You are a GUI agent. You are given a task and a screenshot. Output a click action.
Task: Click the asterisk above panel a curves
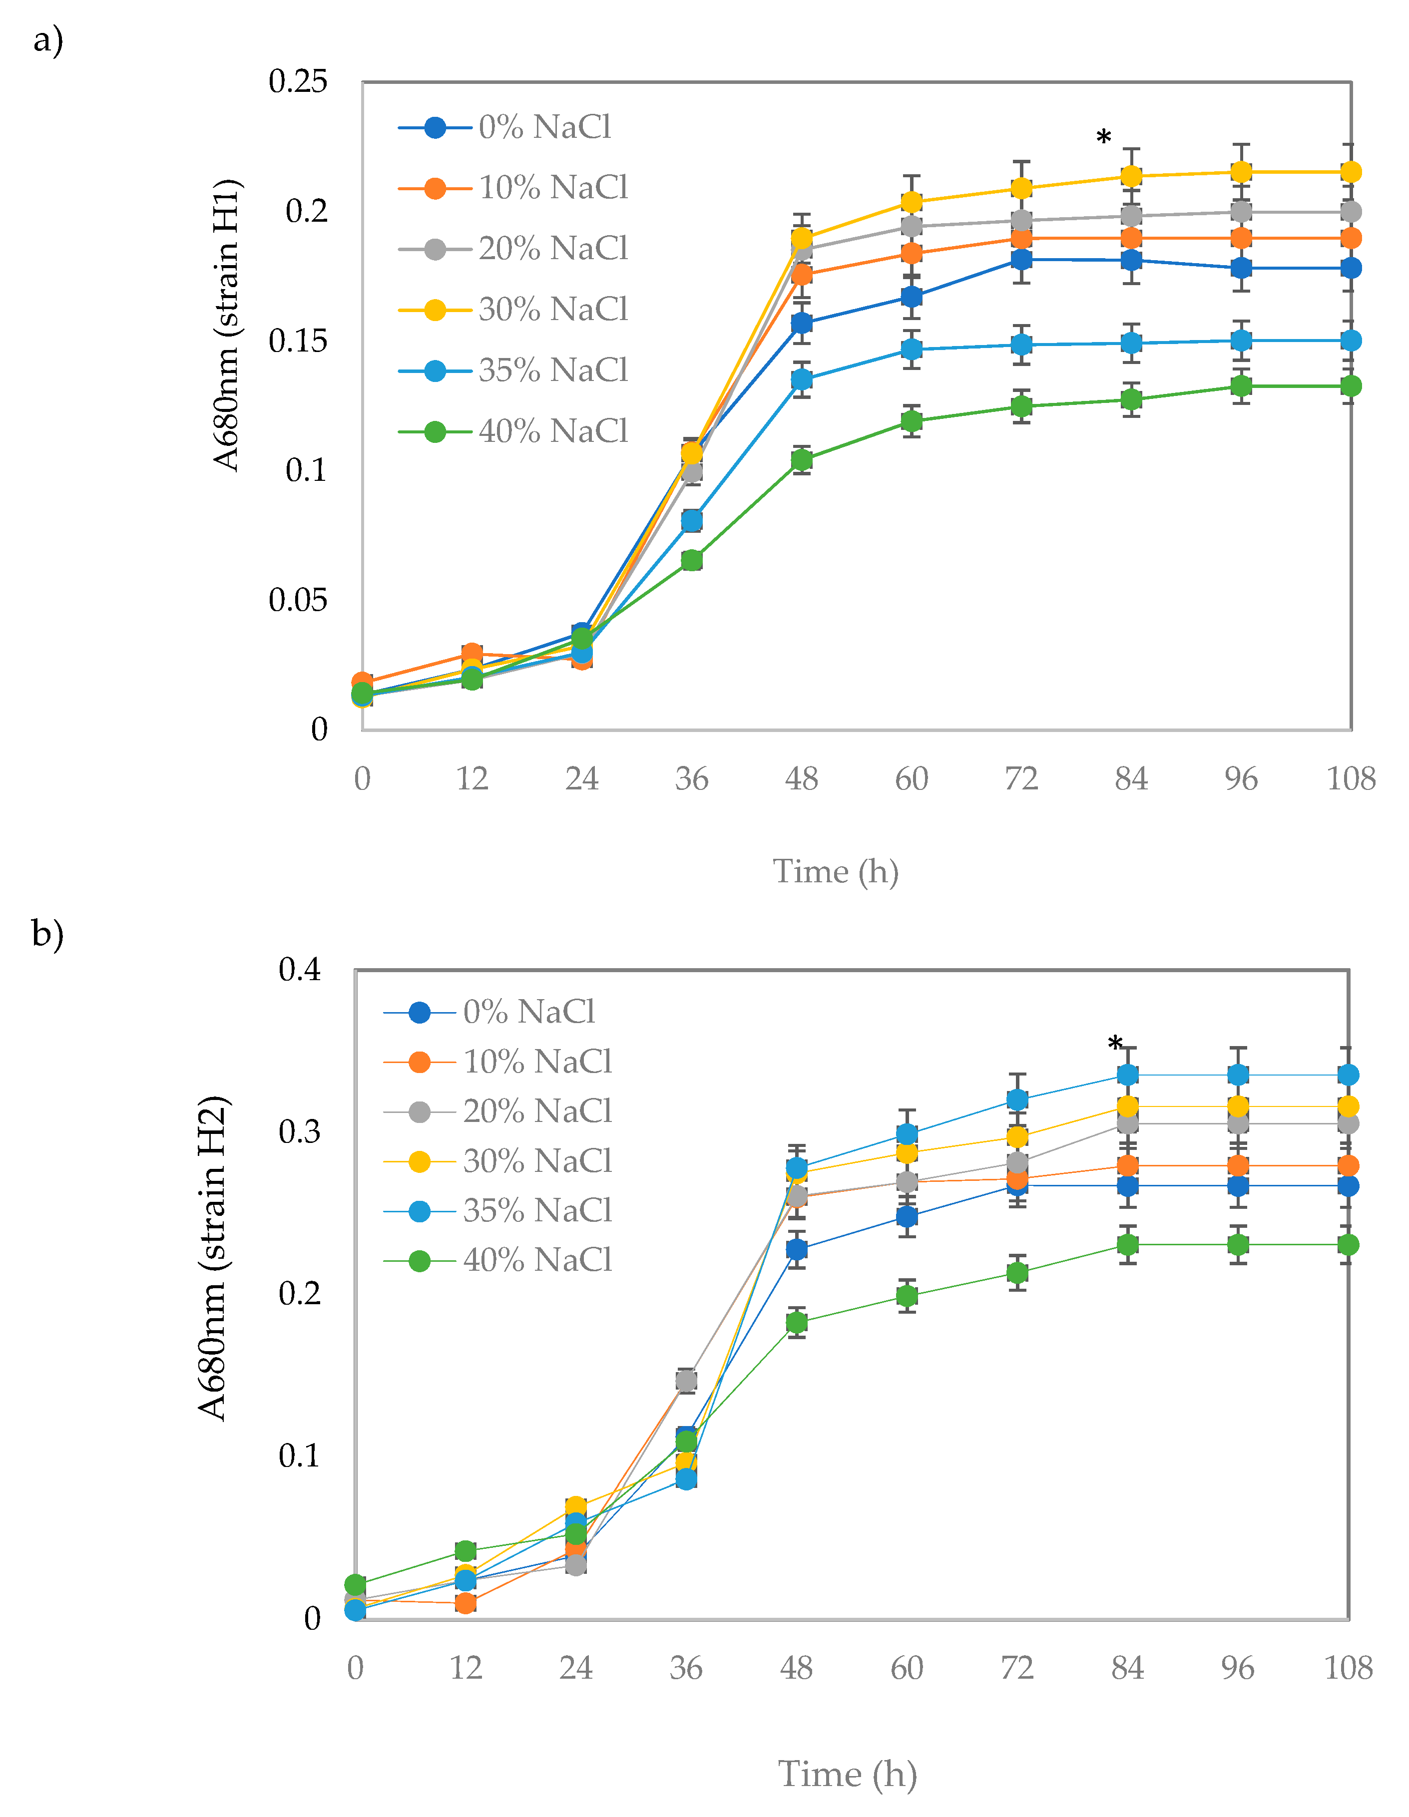tap(1103, 137)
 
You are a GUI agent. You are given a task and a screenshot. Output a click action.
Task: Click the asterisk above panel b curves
tap(1115, 1043)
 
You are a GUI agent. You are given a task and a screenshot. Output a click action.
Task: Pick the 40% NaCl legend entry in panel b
tap(499, 1260)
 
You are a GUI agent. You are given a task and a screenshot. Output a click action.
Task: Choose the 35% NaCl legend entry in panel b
tap(499, 1210)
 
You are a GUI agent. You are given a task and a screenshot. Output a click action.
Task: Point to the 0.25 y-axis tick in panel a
tap(297, 81)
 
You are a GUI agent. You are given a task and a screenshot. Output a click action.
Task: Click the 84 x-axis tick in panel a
tap(1130, 779)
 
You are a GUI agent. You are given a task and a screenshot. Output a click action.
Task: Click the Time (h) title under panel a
tap(836, 872)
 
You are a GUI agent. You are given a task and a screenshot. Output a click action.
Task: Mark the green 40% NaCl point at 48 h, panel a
tap(802, 460)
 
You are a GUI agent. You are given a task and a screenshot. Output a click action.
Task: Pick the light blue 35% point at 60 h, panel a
tap(912, 350)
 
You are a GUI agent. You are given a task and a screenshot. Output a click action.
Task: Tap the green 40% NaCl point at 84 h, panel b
tap(1127, 1245)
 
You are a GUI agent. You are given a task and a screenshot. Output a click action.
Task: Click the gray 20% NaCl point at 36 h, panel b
tap(686, 1381)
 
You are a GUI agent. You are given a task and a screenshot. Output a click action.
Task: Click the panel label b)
tap(47, 933)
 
